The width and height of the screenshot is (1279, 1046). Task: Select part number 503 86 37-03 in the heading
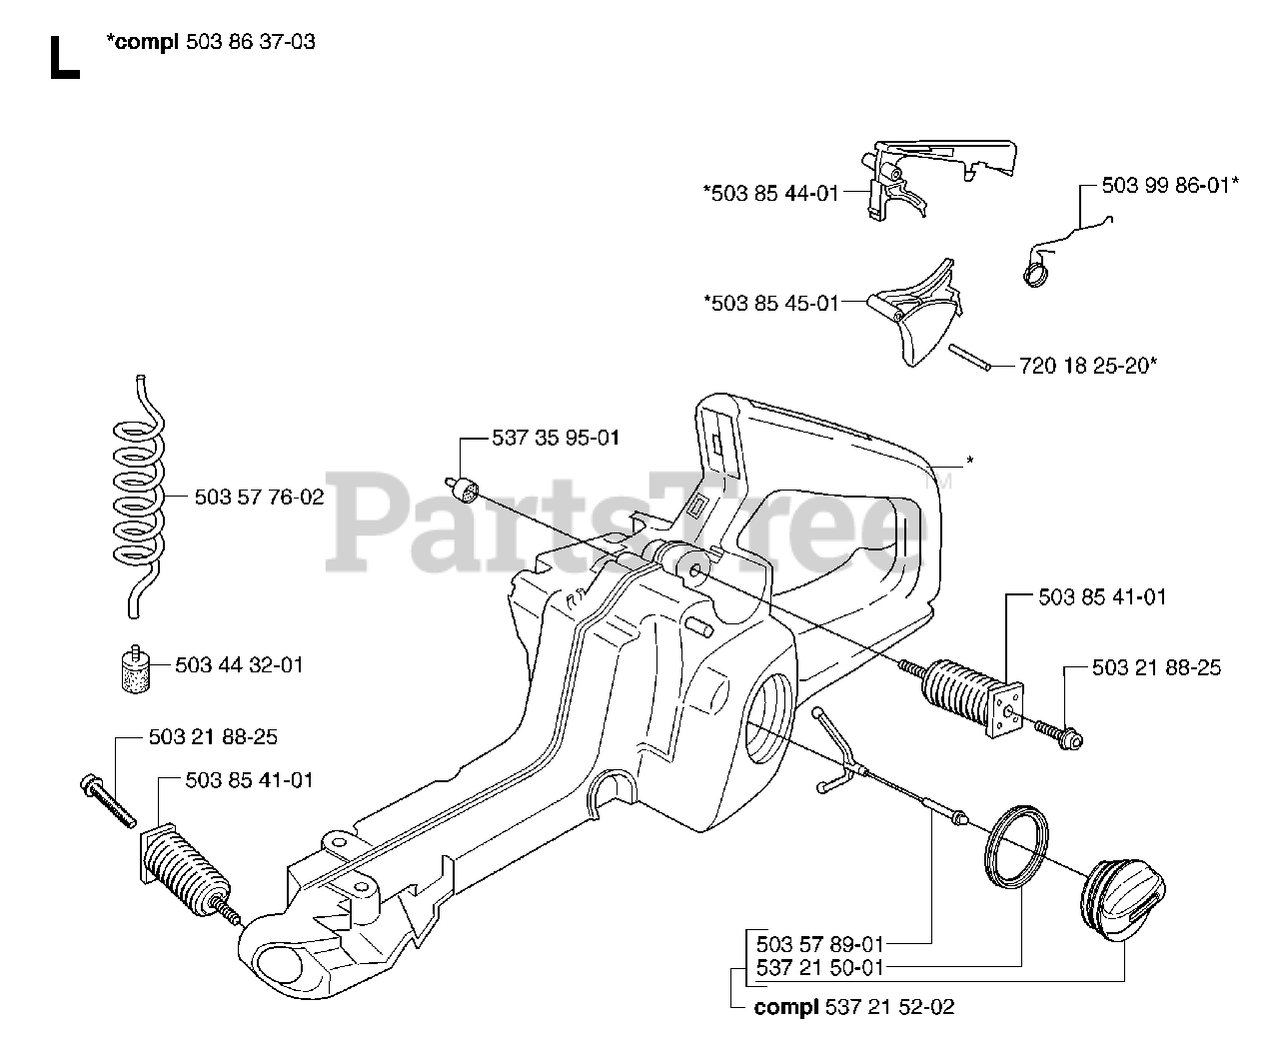(x=251, y=43)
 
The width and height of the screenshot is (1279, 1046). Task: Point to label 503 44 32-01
(x=239, y=664)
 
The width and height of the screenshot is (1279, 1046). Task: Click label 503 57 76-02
(x=259, y=497)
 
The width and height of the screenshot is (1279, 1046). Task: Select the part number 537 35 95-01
(x=556, y=438)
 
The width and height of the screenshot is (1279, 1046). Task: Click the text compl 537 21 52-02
(x=854, y=1006)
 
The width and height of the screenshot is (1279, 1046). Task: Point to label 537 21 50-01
(x=819, y=966)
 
